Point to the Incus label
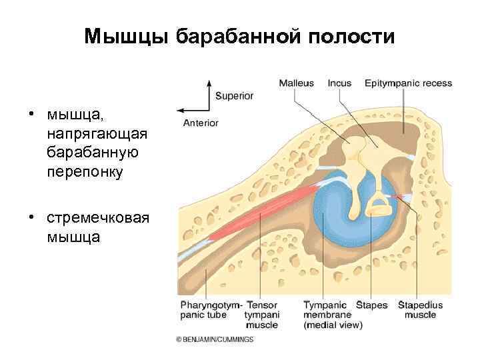pyautogui.click(x=339, y=83)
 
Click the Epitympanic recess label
pyautogui.click(x=408, y=83)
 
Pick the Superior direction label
pyautogui.click(x=234, y=96)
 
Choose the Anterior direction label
pyautogui.click(x=201, y=123)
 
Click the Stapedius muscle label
pyautogui.click(x=420, y=310)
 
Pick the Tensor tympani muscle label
pyautogui.click(x=263, y=315)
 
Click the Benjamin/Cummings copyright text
pyautogui.click(x=215, y=339)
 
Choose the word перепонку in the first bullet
pyautogui.click(x=85, y=171)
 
